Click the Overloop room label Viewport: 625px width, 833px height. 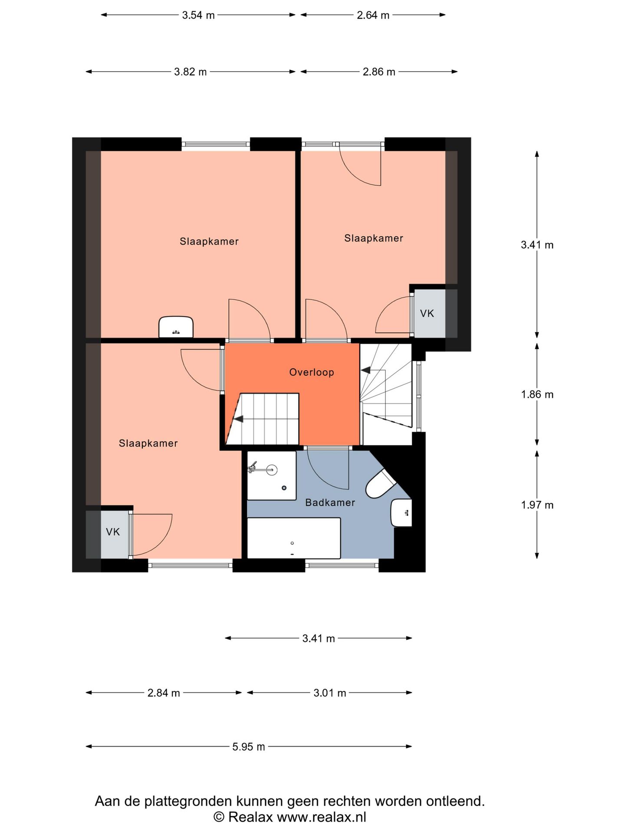pos(312,372)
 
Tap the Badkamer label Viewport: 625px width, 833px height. pos(330,502)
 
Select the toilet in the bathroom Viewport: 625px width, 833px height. pos(381,483)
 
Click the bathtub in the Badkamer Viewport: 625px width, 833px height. pos(294,538)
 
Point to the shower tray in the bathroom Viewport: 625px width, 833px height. pos(272,476)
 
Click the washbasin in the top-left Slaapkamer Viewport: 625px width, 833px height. pos(176,327)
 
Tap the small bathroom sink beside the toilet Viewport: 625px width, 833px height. pos(401,513)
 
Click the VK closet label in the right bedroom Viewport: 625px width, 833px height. pos(427,313)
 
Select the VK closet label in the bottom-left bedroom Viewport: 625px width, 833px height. pos(113,531)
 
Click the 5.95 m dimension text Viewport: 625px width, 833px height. pos(249,747)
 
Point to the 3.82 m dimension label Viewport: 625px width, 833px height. pos(191,72)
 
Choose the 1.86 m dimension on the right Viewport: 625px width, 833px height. pos(537,394)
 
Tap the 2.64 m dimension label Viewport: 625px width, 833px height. pos(373,15)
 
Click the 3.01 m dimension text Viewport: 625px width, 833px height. pos(330,693)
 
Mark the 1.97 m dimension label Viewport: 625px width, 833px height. pos(537,505)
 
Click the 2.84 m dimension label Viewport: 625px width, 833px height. pos(164,693)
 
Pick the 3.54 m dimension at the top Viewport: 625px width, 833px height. pos(198,15)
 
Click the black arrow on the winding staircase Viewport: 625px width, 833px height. pos(365,370)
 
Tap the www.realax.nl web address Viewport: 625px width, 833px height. pos(322,817)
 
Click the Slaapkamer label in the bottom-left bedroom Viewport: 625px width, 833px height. pos(148,443)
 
